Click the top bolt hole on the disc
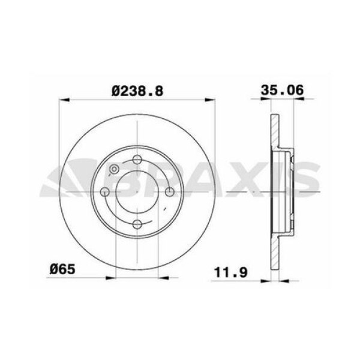137,159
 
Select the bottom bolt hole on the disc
137,224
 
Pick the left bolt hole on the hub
105,192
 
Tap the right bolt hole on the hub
170,192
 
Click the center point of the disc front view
137,192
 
